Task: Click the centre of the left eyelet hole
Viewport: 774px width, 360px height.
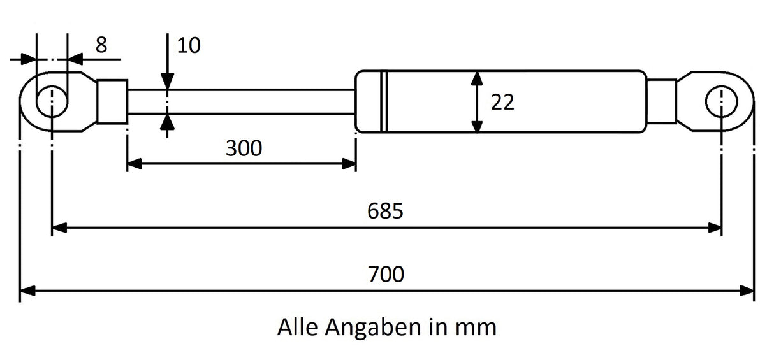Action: pyautogui.click(x=52, y=101)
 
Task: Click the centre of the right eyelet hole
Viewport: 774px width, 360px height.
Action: pyautogui.click(x=722, y=101)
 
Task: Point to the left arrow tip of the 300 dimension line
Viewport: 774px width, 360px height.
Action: pyautogui.click(x=128, y=164)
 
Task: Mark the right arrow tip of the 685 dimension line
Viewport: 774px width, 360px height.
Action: pyautogui.click(x=722, y=228)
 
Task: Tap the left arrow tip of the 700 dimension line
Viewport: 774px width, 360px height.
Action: pyautogui.click(x=20, y=291)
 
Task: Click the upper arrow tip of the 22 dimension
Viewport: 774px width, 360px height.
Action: pyautogui.click(x=477, y=71)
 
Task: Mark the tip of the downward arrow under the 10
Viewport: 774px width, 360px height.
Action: pyautogui.click(x=167, y=89)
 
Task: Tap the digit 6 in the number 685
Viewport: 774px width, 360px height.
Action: pyautogui.click(x=373, y=210)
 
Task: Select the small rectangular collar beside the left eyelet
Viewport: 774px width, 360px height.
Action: pyautogui.click(x=112, y=101)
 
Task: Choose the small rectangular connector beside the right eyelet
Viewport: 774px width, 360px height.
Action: pyautogui.click(x=661, y=101)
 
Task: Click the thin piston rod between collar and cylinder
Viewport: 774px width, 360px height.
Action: pyautogui.click(x=242, y=101)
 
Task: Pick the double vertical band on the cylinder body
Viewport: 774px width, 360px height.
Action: pyautogui.click(x=384, y=101)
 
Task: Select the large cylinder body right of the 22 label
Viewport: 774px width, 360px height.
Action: pyautogui.click(x=501, y=101)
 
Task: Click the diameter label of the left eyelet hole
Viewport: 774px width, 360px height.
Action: pyautogui.click(x=101, y=45)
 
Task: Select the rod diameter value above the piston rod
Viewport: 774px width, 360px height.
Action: pyautogui.click(x=189, y=45)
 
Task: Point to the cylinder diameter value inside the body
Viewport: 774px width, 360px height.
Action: pyautogui.click(x=502, y=102)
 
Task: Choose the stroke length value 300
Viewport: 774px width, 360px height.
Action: pyautogui.click(x=244, y=148)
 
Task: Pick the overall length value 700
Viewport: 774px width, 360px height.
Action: pyautogui.click(x=386, y=275)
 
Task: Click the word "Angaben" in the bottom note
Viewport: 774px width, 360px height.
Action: pyautogui.click(x=373, y=328)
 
